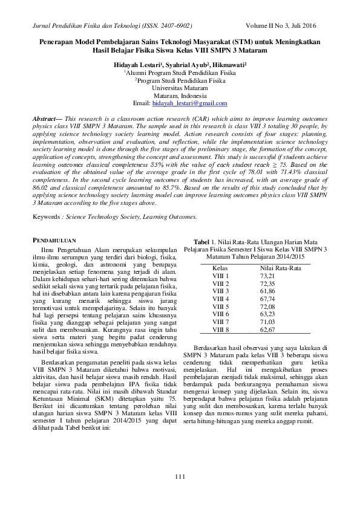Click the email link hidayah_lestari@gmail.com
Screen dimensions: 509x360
point(194,103)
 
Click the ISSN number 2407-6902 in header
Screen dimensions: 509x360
point(175,26)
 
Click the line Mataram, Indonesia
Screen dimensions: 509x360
point(180,96)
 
